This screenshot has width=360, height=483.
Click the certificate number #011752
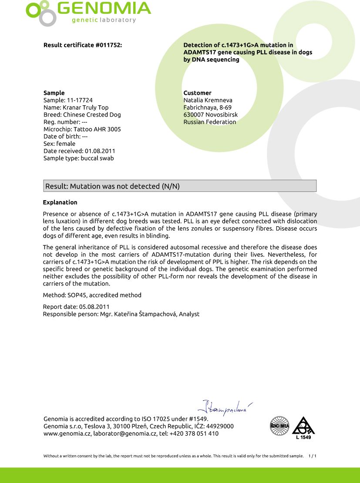pyautogui.click(x=108, y=45)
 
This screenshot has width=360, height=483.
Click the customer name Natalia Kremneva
pyautogui.click(x=208, y=100)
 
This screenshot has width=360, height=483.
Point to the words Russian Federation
pyautogui.click(x=210, y=122)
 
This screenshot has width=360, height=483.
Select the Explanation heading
pyautogui.click(x=60, y=202)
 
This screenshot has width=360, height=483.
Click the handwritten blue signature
pyautogui.click(x=225, y=407)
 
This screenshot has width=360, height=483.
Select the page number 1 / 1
pyautogui.click(x=312, y=456)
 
